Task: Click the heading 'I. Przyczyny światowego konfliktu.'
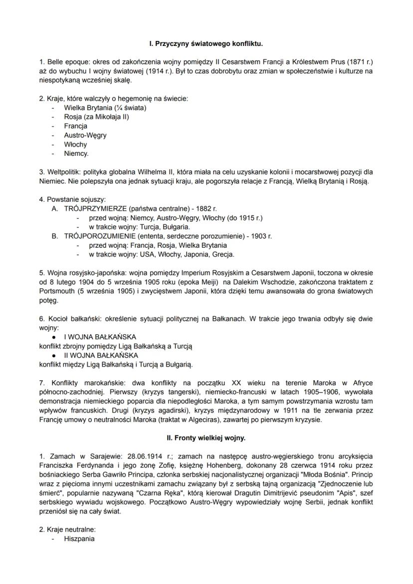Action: [206, 43]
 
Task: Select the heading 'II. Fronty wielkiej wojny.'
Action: [206, 438]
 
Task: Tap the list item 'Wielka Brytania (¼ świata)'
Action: [105, 107]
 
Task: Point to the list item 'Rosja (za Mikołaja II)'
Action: [96, 117]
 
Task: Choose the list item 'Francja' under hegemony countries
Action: [75, 126]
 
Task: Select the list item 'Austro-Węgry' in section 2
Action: [85, 135]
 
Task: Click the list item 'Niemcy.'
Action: [76, 154]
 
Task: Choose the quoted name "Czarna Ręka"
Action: [148, 484]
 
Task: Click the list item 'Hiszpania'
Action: [79, 539]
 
